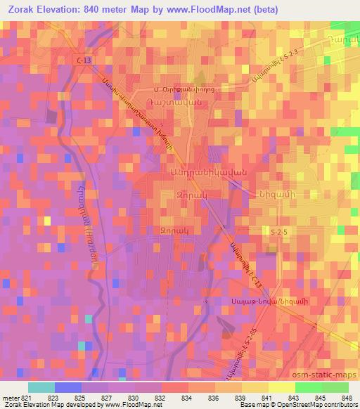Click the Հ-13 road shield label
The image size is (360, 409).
(x=83, y=61)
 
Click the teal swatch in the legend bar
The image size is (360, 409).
(x=41, y=387)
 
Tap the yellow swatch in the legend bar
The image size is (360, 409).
(x=268, y=387)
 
